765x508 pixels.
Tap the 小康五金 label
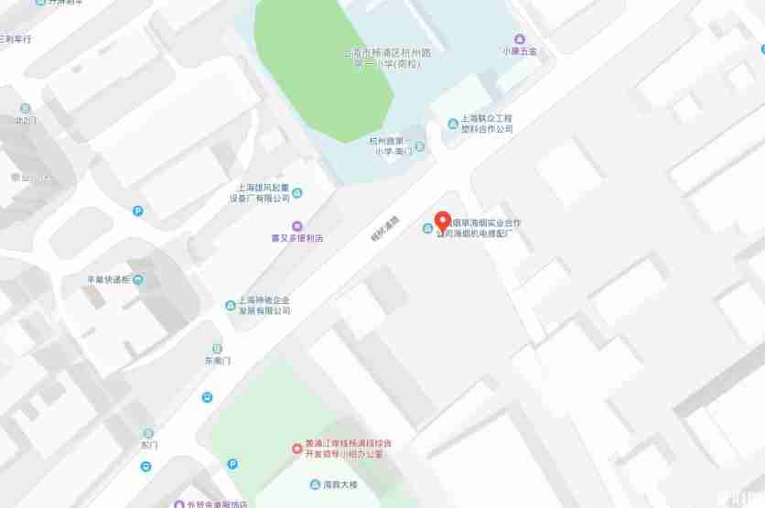(x=519, y=50)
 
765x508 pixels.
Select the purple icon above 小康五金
(x=519, y=38)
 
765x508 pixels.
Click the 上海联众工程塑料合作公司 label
(x=486, y=124)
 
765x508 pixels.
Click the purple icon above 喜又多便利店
(x=296, y=225)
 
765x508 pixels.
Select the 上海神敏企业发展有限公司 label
(x=264, y=305)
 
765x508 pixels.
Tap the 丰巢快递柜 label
(x=108, y=279)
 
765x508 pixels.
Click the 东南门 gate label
(x=217, y=361)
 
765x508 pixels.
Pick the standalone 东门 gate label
(x=148, y=445)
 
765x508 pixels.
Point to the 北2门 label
(x=25, y=120)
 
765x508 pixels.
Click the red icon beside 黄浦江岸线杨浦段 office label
(x=296, y=448)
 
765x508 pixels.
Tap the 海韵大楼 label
(x=339, y=483)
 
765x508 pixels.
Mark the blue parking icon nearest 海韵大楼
(x=232, y=464)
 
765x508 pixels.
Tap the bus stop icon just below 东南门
(x=208, y=397)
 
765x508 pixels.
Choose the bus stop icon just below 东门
(x=146, y=466)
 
